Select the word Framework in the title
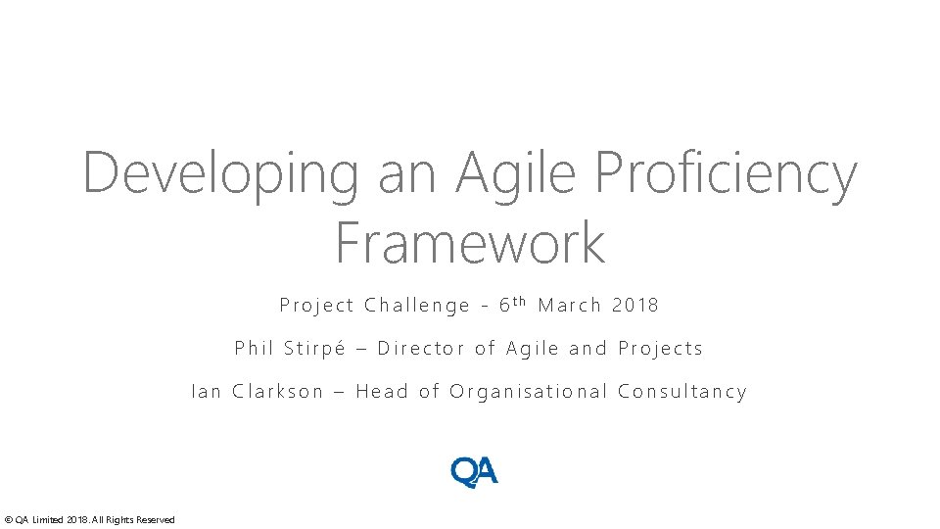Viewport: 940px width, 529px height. [470, 243]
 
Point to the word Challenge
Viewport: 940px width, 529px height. [417, 306]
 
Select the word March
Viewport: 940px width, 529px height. [570, 305]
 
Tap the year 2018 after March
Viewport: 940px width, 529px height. [635, 305]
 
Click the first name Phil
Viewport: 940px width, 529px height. [254, 348]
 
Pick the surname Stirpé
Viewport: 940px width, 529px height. [314, 348]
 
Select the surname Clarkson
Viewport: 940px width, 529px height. [277, 392]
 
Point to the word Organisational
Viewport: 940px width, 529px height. [528, 392]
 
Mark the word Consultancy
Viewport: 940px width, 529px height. [682, 392]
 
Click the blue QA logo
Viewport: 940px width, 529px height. [474, 472]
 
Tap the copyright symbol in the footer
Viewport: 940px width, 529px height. [8, 519]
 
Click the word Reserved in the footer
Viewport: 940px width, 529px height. [157, 519]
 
